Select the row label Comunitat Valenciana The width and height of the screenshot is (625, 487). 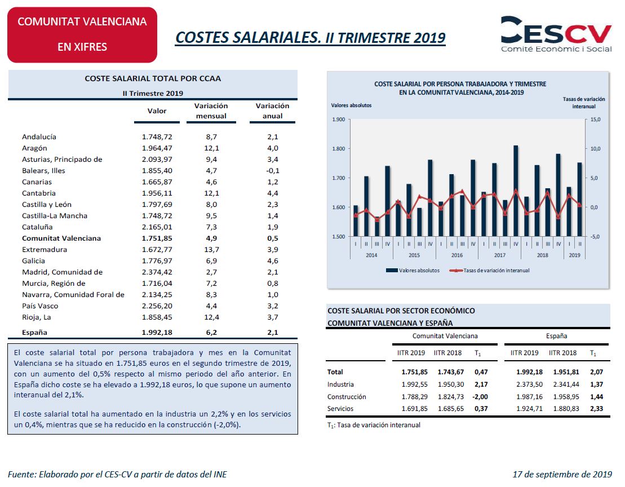click(x=61, y=238)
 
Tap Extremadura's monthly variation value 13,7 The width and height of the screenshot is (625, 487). click(x=212, y=249)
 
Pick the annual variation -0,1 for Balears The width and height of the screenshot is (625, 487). click(x=272, y=170)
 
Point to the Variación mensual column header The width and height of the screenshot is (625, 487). click(x=211, y=110)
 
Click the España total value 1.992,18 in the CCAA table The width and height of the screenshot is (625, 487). click(x=157, y=333)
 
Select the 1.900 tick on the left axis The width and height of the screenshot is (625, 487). click(x=339, y=119)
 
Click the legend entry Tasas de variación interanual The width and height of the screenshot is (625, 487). click(x=489, y=271)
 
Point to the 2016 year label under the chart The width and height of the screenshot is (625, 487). click(x=457, y=255)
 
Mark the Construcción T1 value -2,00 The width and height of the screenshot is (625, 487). click(x=480, y=397)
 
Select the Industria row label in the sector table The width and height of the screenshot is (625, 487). click(x=340, y=384)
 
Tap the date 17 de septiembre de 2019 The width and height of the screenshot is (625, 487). click(x=561, y=474)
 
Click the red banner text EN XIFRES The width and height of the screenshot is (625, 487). click(x=82, y=47)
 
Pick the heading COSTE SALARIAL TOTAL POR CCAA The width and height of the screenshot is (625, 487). click(x=153, y=79)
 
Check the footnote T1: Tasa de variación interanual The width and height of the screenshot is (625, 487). click(x=374, y=425)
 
